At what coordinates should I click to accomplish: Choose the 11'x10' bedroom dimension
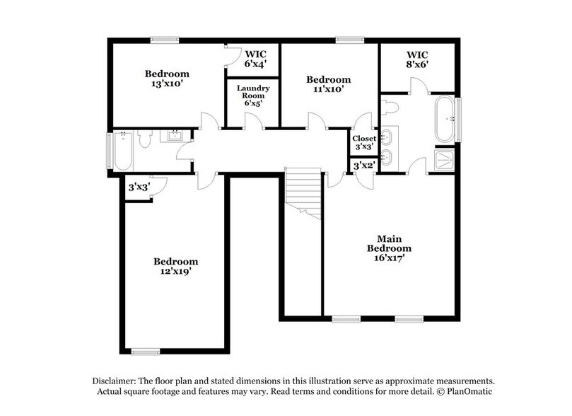(329, 90)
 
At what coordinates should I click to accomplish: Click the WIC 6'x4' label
(255, 59)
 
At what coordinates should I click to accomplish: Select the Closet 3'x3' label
(364, 142)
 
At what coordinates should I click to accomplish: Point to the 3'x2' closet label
(363, 166)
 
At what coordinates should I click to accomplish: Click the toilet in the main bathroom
(389, 107)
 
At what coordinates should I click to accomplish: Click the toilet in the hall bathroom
(144, 141)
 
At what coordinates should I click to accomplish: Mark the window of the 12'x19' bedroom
(145, 351)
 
